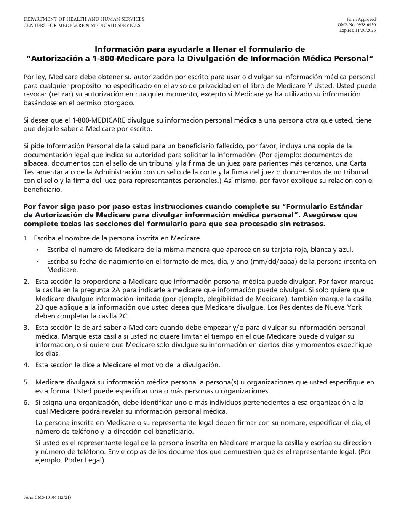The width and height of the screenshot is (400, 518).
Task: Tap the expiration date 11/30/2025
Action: (367, 30)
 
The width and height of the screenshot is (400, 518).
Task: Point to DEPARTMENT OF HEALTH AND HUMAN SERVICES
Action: (84, 19)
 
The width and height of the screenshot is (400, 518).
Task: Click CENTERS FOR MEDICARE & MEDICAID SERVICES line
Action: (82, 25)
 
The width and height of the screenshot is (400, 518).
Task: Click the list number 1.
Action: (26, 238)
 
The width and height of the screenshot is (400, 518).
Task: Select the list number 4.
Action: (26, 364)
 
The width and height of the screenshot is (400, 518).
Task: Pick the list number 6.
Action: (26, 403)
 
